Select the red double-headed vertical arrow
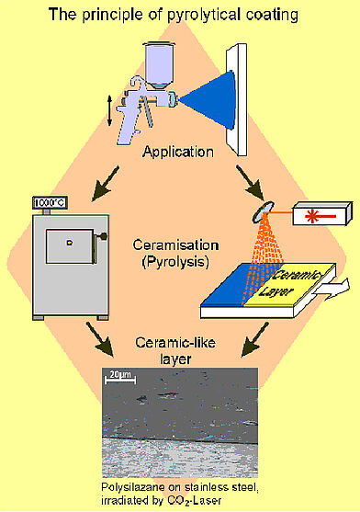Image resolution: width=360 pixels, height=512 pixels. point(112,108)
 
